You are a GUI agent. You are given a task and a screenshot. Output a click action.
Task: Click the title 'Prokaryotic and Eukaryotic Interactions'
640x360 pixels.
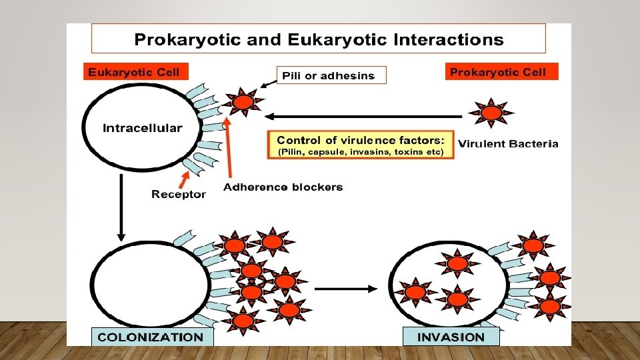[x=319, y=39]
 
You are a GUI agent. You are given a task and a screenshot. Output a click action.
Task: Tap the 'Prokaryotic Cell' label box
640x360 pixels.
[x=501, y=72]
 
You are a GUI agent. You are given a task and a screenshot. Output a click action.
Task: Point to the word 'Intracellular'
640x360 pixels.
[x=142, y=128]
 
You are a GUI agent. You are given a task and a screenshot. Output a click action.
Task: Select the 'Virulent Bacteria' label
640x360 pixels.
[x=508, y=143]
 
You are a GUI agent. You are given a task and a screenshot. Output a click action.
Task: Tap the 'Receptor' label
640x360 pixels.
[x=179, y=195]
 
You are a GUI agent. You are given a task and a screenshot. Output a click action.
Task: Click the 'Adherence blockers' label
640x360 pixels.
[x=283, y=187]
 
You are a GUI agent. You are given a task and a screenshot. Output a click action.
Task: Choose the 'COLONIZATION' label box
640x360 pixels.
[x=151, y=337]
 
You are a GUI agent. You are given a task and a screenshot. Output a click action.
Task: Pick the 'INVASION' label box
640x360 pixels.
[x=451, y=337]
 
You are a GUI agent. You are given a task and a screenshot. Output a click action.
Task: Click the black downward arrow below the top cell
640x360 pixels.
[x=121, y=207]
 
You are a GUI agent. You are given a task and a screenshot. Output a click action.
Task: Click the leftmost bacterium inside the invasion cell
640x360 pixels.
[x=415, y=292]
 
